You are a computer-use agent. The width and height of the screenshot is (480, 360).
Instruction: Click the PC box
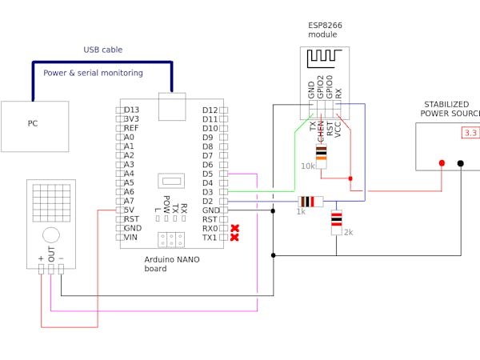[34, 126]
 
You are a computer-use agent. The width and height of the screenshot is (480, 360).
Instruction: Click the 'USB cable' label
[103, 50]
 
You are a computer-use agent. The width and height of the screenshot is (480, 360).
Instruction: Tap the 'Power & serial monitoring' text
[93, 73]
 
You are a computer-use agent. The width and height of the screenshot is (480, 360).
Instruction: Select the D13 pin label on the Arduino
[132, 110]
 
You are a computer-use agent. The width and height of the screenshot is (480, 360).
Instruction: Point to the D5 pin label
[207, 174]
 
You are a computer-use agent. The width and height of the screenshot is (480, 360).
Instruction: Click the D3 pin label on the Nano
[207, 192]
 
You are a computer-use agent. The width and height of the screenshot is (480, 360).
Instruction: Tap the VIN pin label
[132, 237]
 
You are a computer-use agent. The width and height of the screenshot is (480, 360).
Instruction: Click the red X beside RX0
[234, 228]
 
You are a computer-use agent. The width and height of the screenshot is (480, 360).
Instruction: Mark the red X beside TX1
[234, 238]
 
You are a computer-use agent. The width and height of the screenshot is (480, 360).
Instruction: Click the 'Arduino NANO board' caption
[172, 264]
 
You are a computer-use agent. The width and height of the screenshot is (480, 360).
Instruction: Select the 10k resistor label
[308, 166]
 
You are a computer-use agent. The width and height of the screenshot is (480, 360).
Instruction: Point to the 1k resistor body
[310, 202]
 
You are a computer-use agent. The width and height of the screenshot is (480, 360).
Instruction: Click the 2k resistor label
[348, 232]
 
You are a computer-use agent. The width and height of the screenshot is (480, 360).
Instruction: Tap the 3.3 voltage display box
[470, 133]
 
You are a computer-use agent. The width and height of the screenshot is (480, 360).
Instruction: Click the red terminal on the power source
[442, 163]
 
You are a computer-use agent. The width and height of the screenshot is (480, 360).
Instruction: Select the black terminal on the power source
[460, 163]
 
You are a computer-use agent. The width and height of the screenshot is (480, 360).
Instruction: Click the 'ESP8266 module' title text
[325, 30]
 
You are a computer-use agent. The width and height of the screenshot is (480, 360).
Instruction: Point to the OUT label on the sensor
[51, 254]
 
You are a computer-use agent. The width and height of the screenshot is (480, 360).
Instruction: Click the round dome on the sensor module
[51, 234]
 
